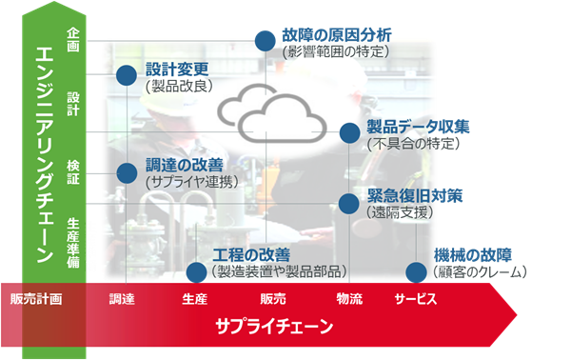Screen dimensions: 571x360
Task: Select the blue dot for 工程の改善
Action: click(x=195, y=271)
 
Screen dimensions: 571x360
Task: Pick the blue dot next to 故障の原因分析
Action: click(x=265, y=40)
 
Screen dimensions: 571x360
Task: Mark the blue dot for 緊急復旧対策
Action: click(x=349, y=202)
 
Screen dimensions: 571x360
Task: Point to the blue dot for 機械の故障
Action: click(x=416, y=271)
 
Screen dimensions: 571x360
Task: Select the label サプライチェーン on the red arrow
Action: click(x=274, y=327)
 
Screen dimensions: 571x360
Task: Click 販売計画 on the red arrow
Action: click(x=36, y=299)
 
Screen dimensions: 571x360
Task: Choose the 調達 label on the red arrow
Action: click(x=122, y=299)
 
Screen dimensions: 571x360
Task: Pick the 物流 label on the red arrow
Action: click(x=349, y=299)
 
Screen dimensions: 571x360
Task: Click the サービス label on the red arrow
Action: click(x=415, y=299)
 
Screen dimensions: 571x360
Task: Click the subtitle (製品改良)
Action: click(x=179, y=86)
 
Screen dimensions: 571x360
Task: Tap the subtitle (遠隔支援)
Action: click(x=401, y=212)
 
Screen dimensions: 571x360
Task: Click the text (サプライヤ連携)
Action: click(x=191, y=180)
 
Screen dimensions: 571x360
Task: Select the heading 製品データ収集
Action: click(x=418, y=127)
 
